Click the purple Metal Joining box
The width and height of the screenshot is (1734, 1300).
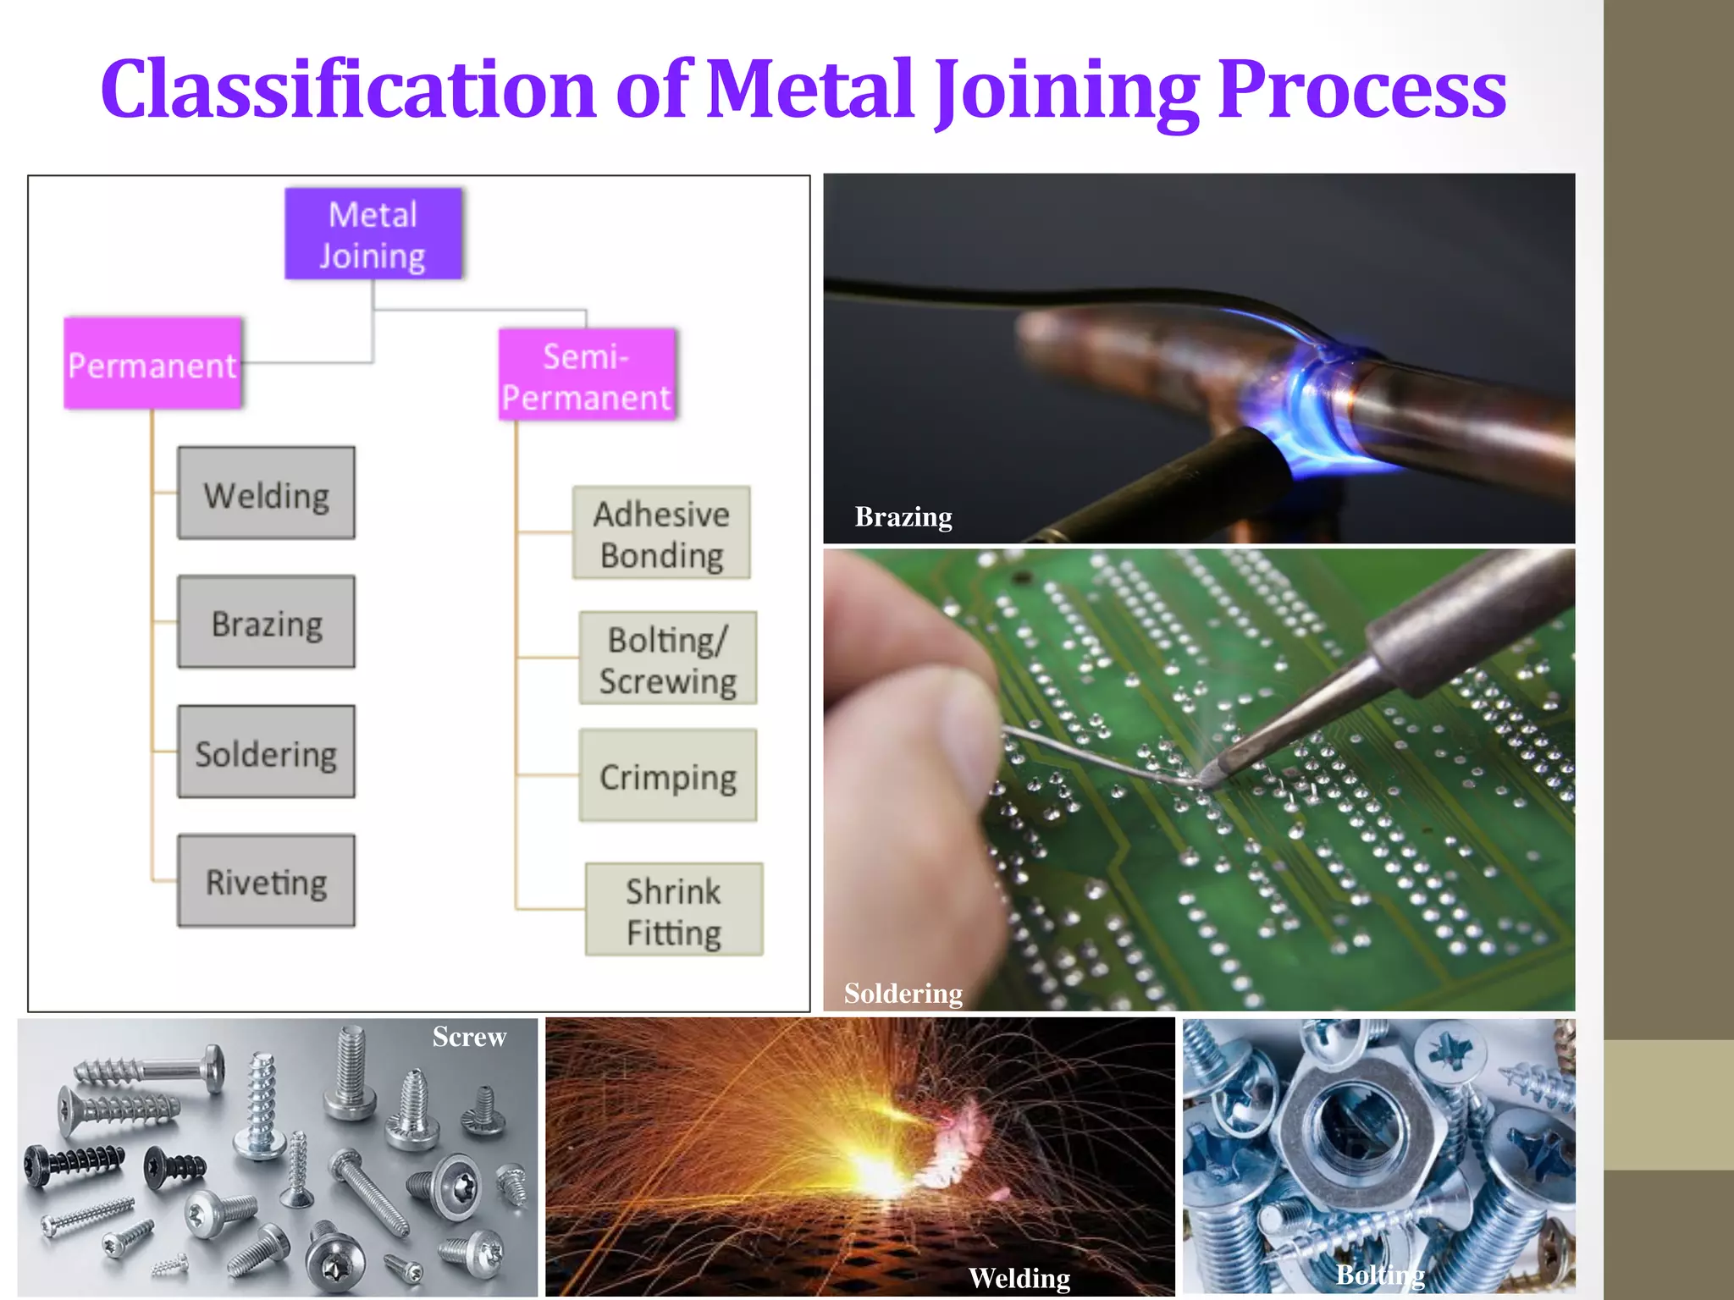click(373, 234)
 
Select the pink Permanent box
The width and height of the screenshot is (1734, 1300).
click(153, 364)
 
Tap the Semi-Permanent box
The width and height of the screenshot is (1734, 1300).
click(587, 375)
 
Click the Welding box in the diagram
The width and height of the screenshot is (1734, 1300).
click(266, 493)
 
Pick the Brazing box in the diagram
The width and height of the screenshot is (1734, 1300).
click(266, 623)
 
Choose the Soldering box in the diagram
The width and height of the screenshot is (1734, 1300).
click(266, 752)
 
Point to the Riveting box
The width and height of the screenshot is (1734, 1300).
click(266, 881)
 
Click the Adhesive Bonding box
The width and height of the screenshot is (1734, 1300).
click(661, 533)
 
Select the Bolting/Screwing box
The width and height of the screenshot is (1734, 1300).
click(667, 658)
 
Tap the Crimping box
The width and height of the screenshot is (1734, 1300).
click(667, 775)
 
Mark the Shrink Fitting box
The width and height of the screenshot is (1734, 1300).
click(674, 910)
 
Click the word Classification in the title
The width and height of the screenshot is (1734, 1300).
click(348, 89)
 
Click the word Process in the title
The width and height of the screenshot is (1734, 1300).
click(1361, 89)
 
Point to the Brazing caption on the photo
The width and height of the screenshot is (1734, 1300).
click(903, 516)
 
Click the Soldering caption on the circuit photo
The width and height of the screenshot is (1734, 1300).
click(903, 993)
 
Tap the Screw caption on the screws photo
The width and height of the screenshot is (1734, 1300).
click(469, 1037)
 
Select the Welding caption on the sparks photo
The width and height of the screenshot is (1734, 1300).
click(1019, 1277)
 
